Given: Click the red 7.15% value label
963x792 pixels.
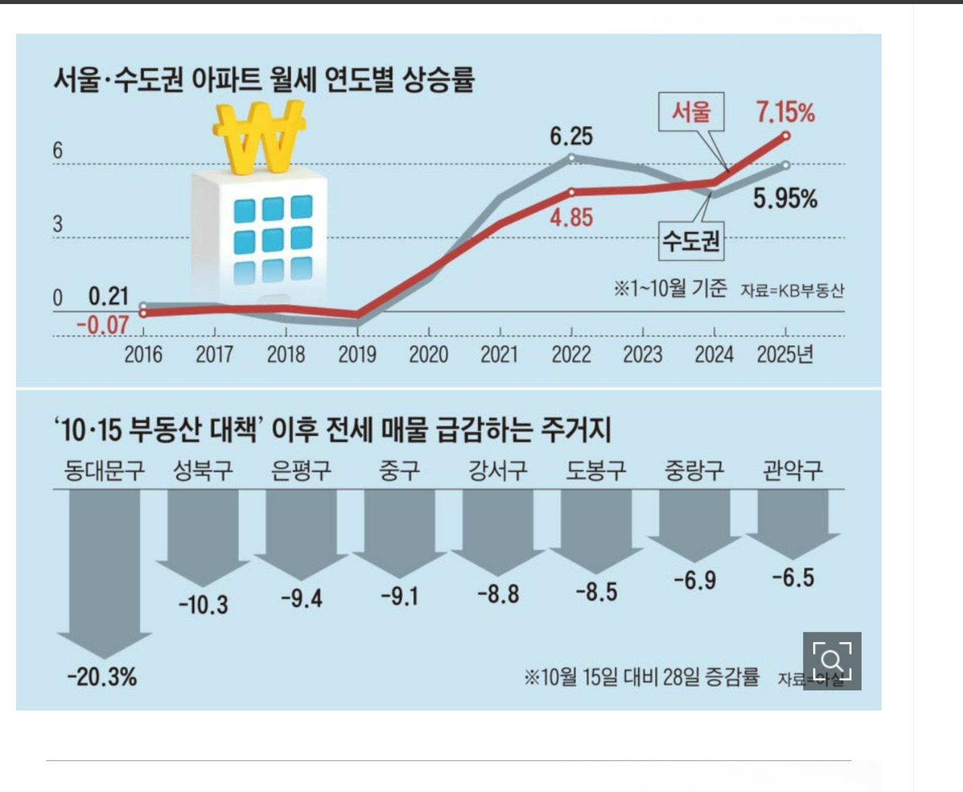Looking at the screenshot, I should pos(785,112).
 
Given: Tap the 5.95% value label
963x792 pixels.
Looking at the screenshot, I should pos(785,198).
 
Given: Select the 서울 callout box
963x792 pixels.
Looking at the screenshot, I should pos(691,111).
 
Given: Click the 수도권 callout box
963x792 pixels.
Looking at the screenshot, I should pos(691,240).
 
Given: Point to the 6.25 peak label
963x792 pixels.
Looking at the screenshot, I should pos(571,136).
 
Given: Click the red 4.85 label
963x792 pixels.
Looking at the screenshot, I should pos(571,218).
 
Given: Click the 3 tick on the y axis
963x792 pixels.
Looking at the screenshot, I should pos(58,224).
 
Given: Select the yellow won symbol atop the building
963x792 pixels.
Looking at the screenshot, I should pos(259,137).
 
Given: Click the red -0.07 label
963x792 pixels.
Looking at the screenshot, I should pos(102,325).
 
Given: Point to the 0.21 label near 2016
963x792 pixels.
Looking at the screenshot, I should pos(108,296).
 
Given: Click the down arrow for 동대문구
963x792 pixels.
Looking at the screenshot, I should pos(104,571).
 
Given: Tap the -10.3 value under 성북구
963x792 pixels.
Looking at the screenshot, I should pos(203,605).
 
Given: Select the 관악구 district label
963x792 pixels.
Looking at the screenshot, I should pos(792,470).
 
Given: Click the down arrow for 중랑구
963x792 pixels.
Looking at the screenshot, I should pos(694,522).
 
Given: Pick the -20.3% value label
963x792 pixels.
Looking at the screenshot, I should pos(102,676).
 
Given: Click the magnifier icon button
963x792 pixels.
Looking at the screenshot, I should pos(831,660).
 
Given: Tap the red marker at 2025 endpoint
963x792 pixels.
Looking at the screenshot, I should pos(785,136).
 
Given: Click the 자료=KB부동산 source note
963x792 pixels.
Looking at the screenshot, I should pos(792,290).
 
